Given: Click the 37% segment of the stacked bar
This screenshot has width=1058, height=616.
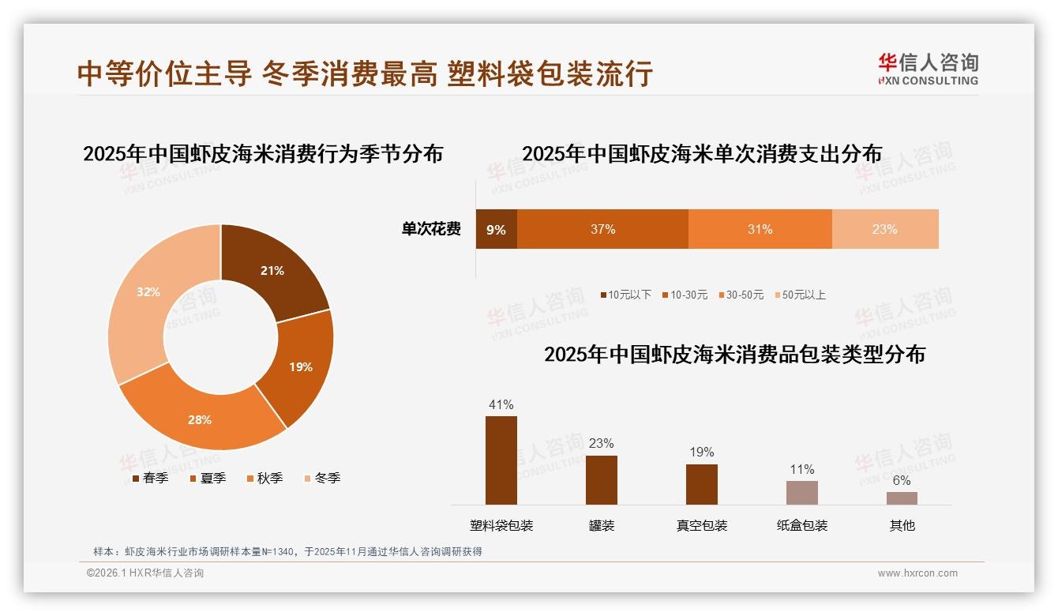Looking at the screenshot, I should pyautogui.click(x=602, y=229).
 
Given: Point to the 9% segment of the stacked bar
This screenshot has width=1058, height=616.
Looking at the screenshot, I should pyautogui.click(x=496, y=229).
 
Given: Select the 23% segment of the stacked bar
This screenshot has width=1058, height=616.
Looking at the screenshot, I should pyautogui.click(x=884, y=229).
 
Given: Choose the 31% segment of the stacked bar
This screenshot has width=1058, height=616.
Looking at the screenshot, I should pyautogui.click(x=760, y=229).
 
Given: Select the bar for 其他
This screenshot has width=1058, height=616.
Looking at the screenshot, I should pyautogui.click(x=902, y=498).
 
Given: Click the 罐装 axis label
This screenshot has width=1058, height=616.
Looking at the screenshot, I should pyautogui.click(x=602, y=525).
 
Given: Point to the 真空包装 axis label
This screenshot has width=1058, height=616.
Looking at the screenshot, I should pyautogui.click(x=702, y=525).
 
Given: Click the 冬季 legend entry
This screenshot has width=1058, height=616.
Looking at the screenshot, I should pyautogui.click(x=321, y=478).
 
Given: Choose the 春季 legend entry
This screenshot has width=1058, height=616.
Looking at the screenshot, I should pyautogui.click(x=149, y=478).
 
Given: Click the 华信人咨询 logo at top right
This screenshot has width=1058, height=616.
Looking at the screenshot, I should pyautogui.click(x=928, y=69).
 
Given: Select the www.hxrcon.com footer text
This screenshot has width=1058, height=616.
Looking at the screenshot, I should pyautogui.click(x=917, y=573).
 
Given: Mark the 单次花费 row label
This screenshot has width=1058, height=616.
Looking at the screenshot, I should pyautogui.click(x=431, y=229).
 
